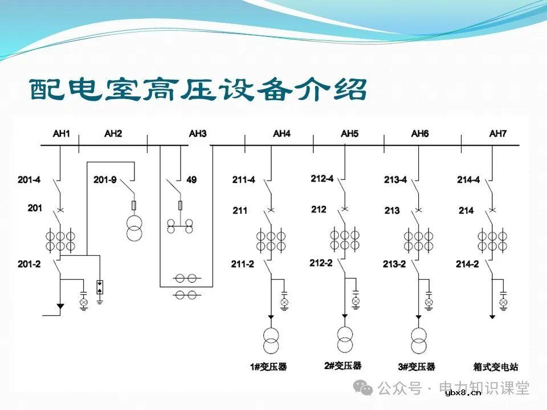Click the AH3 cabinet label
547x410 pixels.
coord(198,134)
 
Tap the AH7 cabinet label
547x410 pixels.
coord(497,134)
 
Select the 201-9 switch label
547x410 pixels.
coord(105,180)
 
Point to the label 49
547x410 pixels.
coord(191,180)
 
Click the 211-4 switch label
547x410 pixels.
coord(243,180)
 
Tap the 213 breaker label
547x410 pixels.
coord(392,211)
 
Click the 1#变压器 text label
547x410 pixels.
coord(268,367)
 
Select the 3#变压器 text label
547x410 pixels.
coord(417,367)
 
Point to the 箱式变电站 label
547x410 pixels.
coord(496,367)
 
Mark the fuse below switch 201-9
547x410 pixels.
coord(134,205)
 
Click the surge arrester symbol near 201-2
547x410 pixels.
coord(100,287)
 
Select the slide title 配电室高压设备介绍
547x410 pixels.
coord(198,89)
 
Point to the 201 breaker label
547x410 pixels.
coord(35,208)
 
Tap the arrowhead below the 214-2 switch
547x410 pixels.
coord(492,316)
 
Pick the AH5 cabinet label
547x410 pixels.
coord(350,134)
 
